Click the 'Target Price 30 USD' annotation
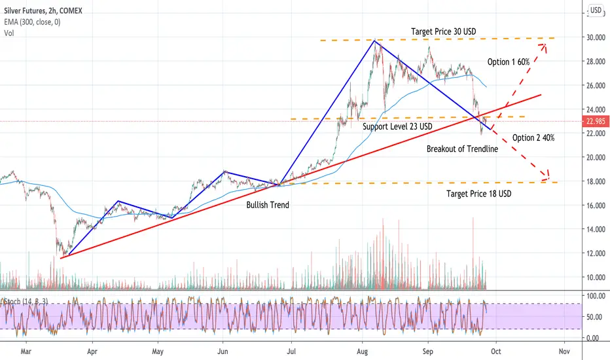[x=444, y=31]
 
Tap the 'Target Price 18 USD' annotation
[x=479, y=194]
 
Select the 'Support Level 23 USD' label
[x=397, y=126]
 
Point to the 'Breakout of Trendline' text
[x=462, y=149]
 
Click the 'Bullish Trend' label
[x=268, y=205]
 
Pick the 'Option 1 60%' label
[x=509, y=62]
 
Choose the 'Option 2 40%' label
[x=533, y=137]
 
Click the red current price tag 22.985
[x=596, y=122]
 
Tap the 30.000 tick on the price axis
[x=596, y=37]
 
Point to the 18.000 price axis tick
[x=596, y=181]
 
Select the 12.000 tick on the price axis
[x=596, y=253]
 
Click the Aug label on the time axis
[x=362, y=351]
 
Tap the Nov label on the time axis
[x=564, y=351]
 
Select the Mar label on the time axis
[x=26, y=351]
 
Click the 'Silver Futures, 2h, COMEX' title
[x=43, y=11]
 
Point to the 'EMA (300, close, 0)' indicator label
[x=32, y=22]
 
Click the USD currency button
[x=596, y=10]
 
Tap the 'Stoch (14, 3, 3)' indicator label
[x=26, y=302]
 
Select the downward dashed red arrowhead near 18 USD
[x=547, y=176]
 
